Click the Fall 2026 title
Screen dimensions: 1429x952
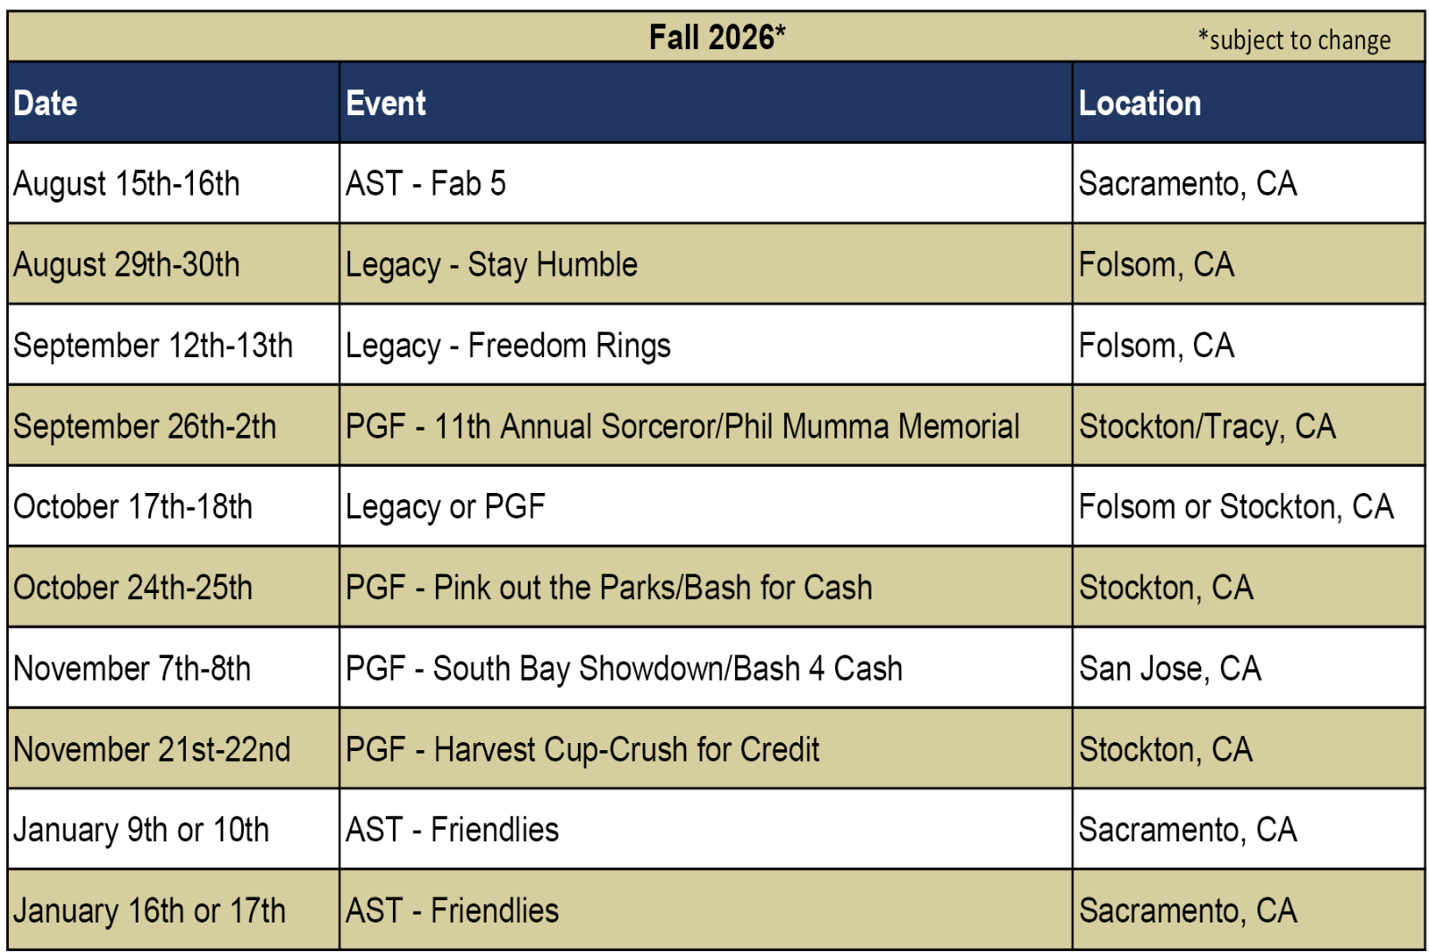pos(717,37)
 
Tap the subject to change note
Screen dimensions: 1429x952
pos(1294,40)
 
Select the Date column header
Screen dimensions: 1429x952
pos(46,104)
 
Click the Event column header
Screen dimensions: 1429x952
pos(385,104)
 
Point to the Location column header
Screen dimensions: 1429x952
pos(1140,104)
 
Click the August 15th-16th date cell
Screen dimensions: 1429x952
pos(126,184)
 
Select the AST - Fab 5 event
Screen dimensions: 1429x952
pos(425,184)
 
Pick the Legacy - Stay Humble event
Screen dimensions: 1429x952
pos(491,265)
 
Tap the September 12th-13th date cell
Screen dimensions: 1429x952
pos(153,346)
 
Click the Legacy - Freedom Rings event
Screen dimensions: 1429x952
pos(508,346)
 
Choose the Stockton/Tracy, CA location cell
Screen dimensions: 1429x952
pos(1207,426)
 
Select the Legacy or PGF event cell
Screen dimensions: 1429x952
pos(446,507)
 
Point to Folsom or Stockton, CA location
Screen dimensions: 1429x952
pos(1236,507)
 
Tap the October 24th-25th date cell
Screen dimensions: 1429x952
pos(133,588)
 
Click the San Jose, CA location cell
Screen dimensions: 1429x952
pos(1170,669)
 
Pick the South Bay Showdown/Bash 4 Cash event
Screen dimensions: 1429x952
pos(624,669)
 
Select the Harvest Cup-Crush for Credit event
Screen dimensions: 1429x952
pos(582,750)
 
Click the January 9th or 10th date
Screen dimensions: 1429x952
pos(141,831)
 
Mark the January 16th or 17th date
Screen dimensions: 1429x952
pos(149,911)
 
